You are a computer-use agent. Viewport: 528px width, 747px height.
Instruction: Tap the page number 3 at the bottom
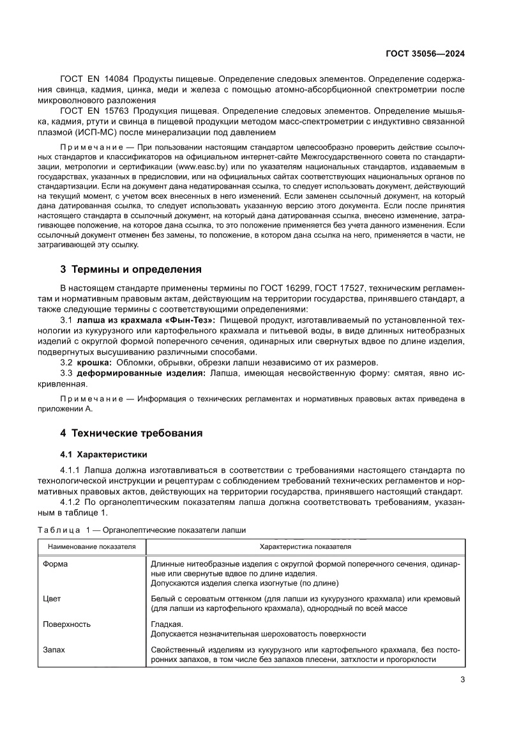coord(462,679)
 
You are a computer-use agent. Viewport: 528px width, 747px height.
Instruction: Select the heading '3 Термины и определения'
coord(131,269)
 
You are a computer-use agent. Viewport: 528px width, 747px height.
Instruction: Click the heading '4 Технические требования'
coord(132,433)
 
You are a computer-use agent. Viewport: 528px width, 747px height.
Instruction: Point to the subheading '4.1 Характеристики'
coord(103,454)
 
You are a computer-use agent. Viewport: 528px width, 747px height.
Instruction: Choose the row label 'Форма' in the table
coord(55,564)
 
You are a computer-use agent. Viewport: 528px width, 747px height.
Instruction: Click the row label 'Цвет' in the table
coord(52,599)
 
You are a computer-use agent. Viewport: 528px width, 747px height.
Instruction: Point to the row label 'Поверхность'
coord(66,624)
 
